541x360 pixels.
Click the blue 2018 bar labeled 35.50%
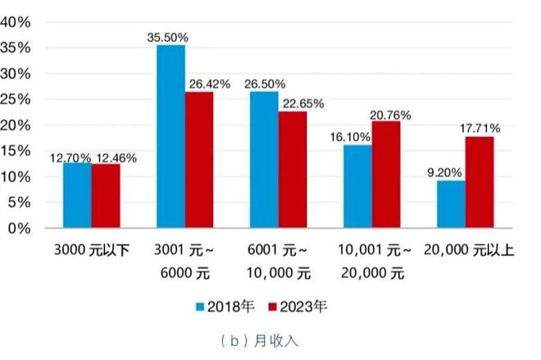tap(170, 136)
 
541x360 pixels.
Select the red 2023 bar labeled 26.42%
tap(198, 160)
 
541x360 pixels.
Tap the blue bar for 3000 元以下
tap(77, 195)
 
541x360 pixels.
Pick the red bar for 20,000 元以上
tap(480, 182)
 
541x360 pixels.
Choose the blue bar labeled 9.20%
tap(451, 204)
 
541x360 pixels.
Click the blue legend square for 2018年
tap(200, 307)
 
